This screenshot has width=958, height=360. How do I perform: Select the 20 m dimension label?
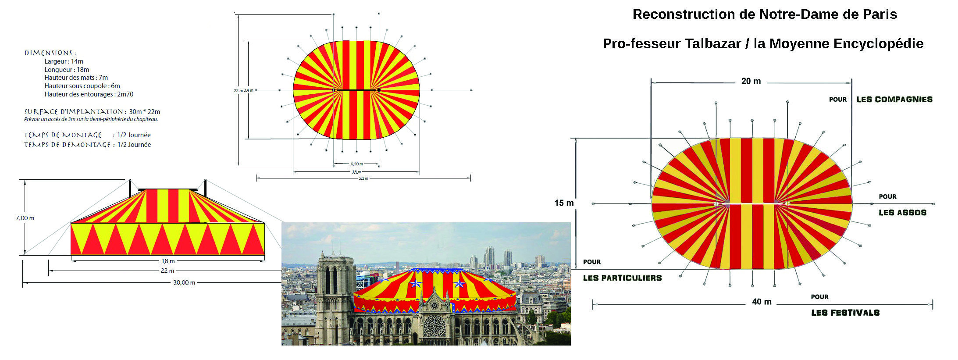coord(751,81)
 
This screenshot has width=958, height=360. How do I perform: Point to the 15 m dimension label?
coord(564,203)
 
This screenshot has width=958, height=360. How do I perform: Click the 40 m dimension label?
coord(762,302)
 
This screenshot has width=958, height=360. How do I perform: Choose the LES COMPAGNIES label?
coord(894,100)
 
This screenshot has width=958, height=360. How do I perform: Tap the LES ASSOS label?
coord(902,213)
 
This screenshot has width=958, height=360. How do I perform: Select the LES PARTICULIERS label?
coord(622,278)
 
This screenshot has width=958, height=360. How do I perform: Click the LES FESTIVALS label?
coord(845,313)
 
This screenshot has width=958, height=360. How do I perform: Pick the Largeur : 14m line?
coord(64,61)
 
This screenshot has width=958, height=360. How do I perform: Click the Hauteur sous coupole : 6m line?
coord(82,86)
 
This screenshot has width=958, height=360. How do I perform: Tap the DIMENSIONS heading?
coord(50,53)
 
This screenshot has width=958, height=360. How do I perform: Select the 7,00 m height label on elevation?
coord(25,218)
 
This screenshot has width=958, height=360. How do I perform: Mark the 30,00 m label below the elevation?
coord(184,283)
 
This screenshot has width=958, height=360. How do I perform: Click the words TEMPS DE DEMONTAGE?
coord(67,145)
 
